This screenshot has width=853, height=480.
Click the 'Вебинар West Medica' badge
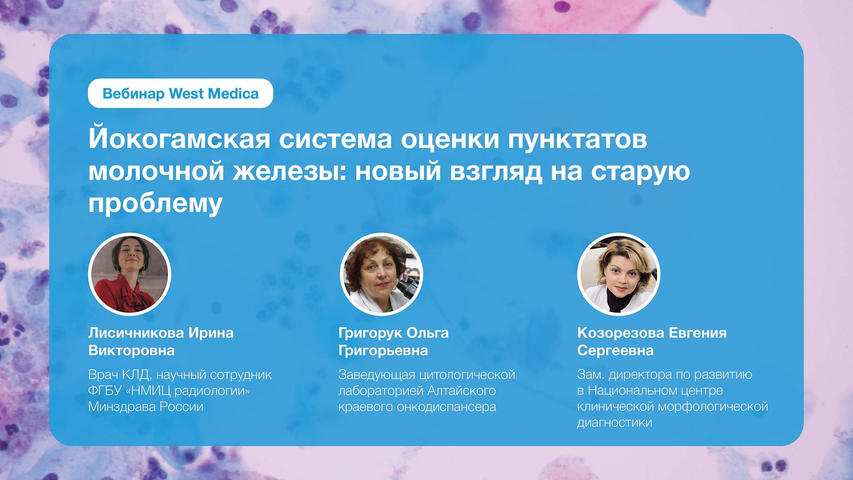point(180,93)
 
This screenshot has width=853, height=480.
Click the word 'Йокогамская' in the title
point(179,139)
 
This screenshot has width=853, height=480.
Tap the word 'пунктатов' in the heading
point(577,140)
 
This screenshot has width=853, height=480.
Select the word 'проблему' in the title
point(155,204)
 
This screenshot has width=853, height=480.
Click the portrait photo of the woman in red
point(130,274)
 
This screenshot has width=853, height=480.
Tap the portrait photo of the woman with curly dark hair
point(381,274)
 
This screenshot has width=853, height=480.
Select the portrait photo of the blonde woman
point(618,274)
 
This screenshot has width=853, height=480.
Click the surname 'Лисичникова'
point(136,333)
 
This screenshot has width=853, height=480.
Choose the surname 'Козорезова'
point(620,333)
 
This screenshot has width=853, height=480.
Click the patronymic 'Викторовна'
point(132,351)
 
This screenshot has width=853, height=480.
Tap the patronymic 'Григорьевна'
point(383,351)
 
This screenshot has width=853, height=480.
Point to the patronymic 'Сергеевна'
point(615,351)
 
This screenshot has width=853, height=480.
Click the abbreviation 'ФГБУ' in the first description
point(105,391)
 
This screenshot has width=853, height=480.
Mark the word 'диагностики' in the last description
point(614,422)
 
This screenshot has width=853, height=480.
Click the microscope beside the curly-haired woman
point(409,287)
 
